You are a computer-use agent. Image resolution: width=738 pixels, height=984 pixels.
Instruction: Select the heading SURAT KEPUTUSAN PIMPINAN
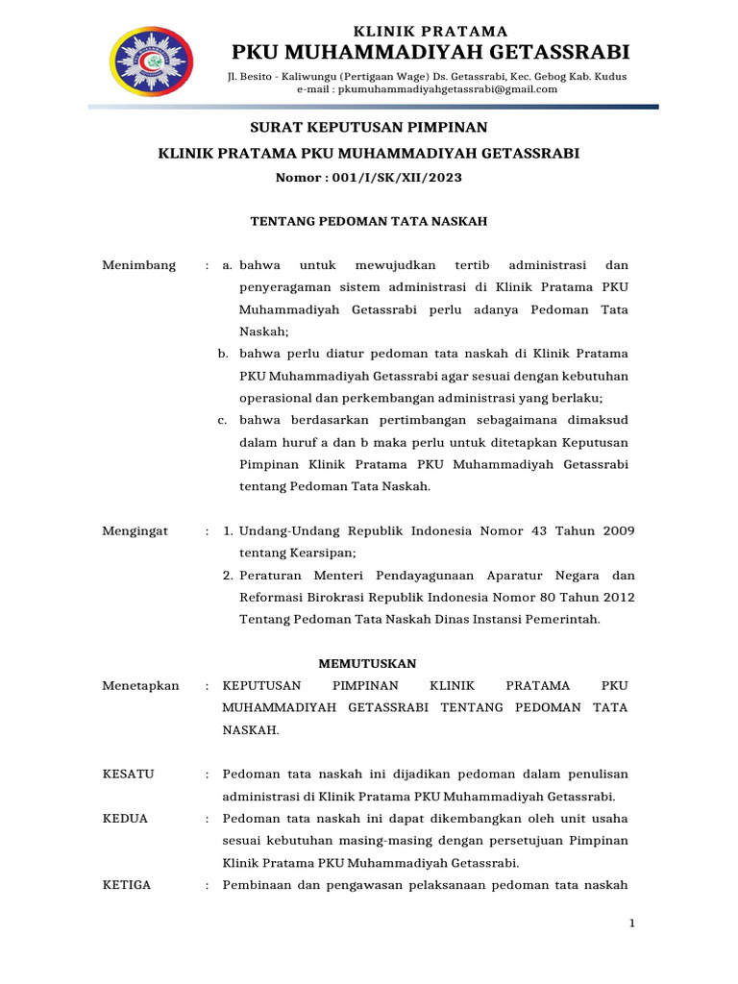click(369, 127)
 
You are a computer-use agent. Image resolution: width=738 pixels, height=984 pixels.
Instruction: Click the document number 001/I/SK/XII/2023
click(399, 178)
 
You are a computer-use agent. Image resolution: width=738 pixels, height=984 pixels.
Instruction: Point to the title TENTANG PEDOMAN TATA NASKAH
click(369, 221)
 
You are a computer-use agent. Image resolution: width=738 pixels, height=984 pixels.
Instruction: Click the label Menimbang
click(138, 265)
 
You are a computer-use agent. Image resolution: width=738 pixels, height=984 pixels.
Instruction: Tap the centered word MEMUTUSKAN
click(367, 663)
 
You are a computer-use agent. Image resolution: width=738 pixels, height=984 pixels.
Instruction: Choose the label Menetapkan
click(140, 685)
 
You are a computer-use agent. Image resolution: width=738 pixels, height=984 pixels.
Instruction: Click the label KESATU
click(128, 774)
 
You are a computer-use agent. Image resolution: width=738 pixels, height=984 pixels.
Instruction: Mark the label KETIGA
click(126, 885)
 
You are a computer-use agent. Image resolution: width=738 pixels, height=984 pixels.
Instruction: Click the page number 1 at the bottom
click(632, 923)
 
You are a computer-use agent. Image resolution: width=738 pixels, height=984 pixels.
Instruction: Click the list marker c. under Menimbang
click(221, 420)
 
